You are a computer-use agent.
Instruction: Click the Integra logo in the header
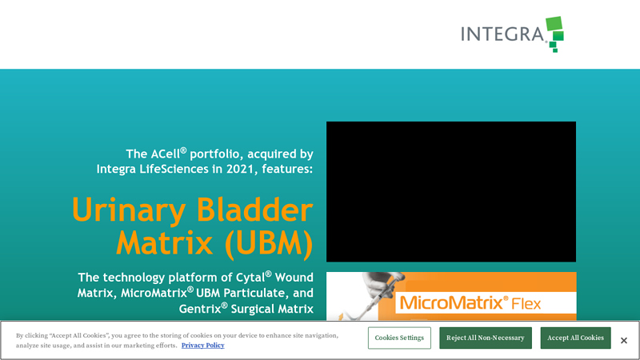click(512, 34)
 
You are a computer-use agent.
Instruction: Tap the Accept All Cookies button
click(575, 338)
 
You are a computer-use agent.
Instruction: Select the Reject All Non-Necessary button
click(485, 338)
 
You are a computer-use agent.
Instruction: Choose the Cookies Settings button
click(399, 338)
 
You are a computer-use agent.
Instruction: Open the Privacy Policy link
click(202, 346)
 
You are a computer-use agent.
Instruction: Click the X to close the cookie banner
click(624, 341)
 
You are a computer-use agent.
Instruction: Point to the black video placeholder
click(450, 191)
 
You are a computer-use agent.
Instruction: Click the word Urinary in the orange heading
click(128, 210)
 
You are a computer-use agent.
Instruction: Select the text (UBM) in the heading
click(268, 242)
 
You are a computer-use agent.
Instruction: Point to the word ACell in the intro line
click(168, 153)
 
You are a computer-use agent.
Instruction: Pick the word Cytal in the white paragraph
click(243, 277)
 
